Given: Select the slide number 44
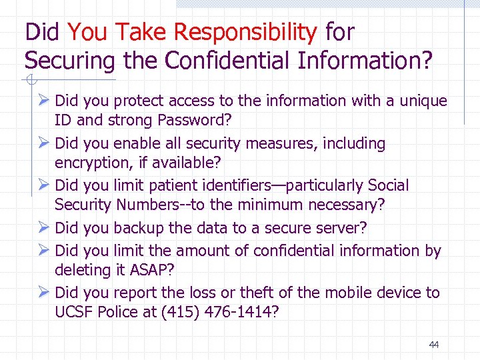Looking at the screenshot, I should [434, 345].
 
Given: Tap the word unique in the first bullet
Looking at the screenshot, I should [424, 101].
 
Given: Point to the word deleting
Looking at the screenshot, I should [81, 270].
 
